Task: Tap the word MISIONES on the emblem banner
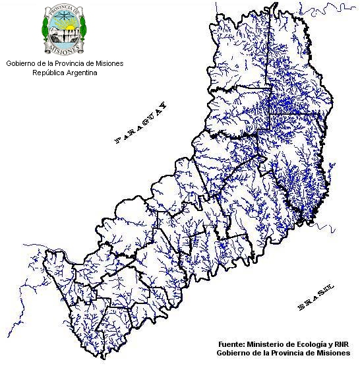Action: click(x=65, y=48)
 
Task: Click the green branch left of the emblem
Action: click(x=45, y=30)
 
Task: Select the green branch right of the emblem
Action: click(x=84, y=30)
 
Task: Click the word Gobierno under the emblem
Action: click(x=22, y=64)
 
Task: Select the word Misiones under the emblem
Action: click(x=107, y=64)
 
